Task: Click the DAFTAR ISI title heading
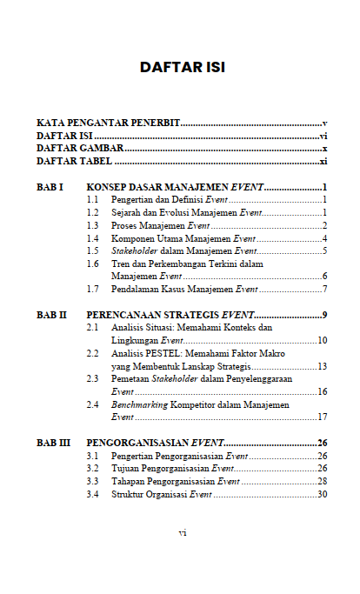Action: [x=182, y=67]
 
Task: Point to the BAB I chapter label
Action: [x=50, y=188]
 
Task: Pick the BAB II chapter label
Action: [x=52, y=315]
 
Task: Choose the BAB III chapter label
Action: [x=54, y=443]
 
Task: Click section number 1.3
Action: [x=92, y=225]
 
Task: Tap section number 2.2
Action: [x=92, y=354]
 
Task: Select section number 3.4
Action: [x=92, y=494]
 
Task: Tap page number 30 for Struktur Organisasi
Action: [x=321, y=494]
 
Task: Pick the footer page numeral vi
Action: [x=182, y=532]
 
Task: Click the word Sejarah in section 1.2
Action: [x=126, y=212]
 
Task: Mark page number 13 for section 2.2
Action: [x=321, y=366]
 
